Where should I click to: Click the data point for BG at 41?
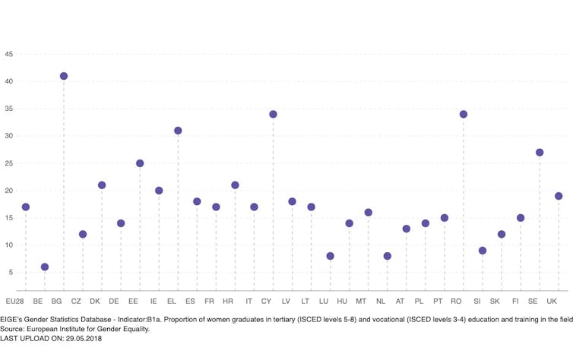click(x=64, y=76)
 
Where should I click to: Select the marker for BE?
click(x=45, y=267)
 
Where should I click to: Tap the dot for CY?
click(x=273, y=114)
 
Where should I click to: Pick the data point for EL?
click(x=178, y=131)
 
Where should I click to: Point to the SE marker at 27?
click(x=540, y=152)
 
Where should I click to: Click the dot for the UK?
click(x=559, y=196)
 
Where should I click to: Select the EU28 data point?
click(x=26, y=207)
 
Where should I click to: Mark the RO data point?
click(x=464, y=114)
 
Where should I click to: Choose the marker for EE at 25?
click(x=140, y=163)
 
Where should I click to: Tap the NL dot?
click(x=387, y=256)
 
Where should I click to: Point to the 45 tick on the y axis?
click(x=8, y=54)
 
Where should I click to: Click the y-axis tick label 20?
click(x=8, y=191)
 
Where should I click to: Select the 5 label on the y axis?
click(x=10, y=272)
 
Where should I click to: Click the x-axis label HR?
click(x=228, y=302)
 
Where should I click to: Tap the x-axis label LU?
click(x=324, y=302)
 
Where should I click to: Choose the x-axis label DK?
click(x=95, y=302)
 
